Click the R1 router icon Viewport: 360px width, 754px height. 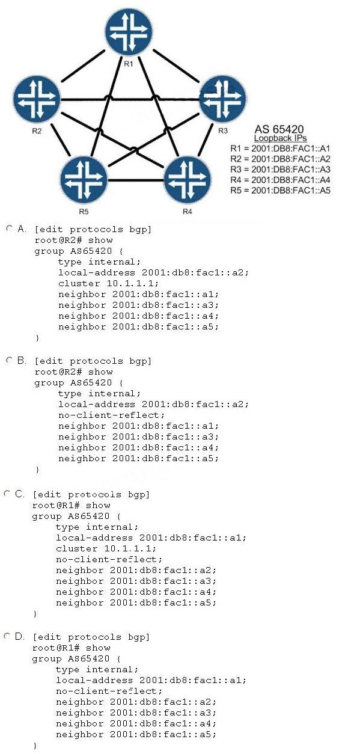point(129,32)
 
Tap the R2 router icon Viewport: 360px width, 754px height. point(37,98)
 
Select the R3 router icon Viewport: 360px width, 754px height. point(222,98)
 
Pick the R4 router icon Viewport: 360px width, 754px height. point(187,179)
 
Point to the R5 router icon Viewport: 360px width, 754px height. point(84,179)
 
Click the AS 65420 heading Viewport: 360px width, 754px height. point(279,129)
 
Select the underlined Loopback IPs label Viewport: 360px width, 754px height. point(280,138)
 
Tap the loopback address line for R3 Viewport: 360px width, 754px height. point(280,170)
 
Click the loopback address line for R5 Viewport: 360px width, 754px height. point(280,190)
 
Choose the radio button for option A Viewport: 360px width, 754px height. point(10,228)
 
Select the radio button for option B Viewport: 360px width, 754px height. point(10,360)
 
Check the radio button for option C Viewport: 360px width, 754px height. point(7,494)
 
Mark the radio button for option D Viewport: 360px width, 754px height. point(7,636)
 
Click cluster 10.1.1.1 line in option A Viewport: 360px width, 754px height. point(108,283)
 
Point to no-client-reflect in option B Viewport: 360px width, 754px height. point(111,415)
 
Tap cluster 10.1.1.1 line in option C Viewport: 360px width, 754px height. point(106,549)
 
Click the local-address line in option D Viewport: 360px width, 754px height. point(151,680)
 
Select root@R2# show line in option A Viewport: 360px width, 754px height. point(74,241)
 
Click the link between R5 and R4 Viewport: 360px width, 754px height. point(136,180)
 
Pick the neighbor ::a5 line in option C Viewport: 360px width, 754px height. point(136,602)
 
